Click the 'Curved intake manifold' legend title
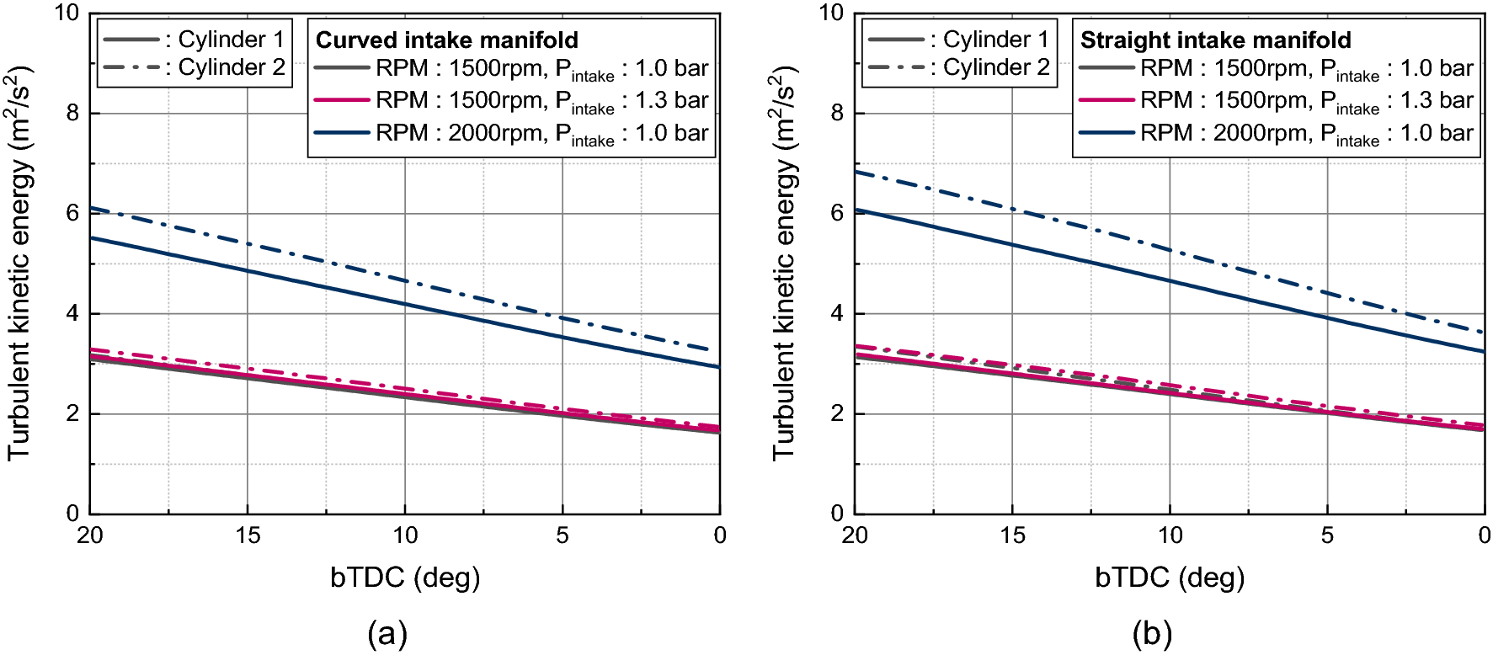446,40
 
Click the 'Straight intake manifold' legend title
1215,40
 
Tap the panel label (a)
387,633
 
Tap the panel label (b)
1152,633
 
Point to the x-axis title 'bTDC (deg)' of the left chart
405,578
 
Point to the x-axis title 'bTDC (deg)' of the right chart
1170,578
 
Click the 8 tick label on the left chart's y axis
73,113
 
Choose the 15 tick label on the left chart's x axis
248,535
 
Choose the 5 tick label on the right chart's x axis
1327,535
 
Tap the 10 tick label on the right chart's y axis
831,13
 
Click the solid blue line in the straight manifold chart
1170,280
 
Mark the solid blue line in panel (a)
405,304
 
